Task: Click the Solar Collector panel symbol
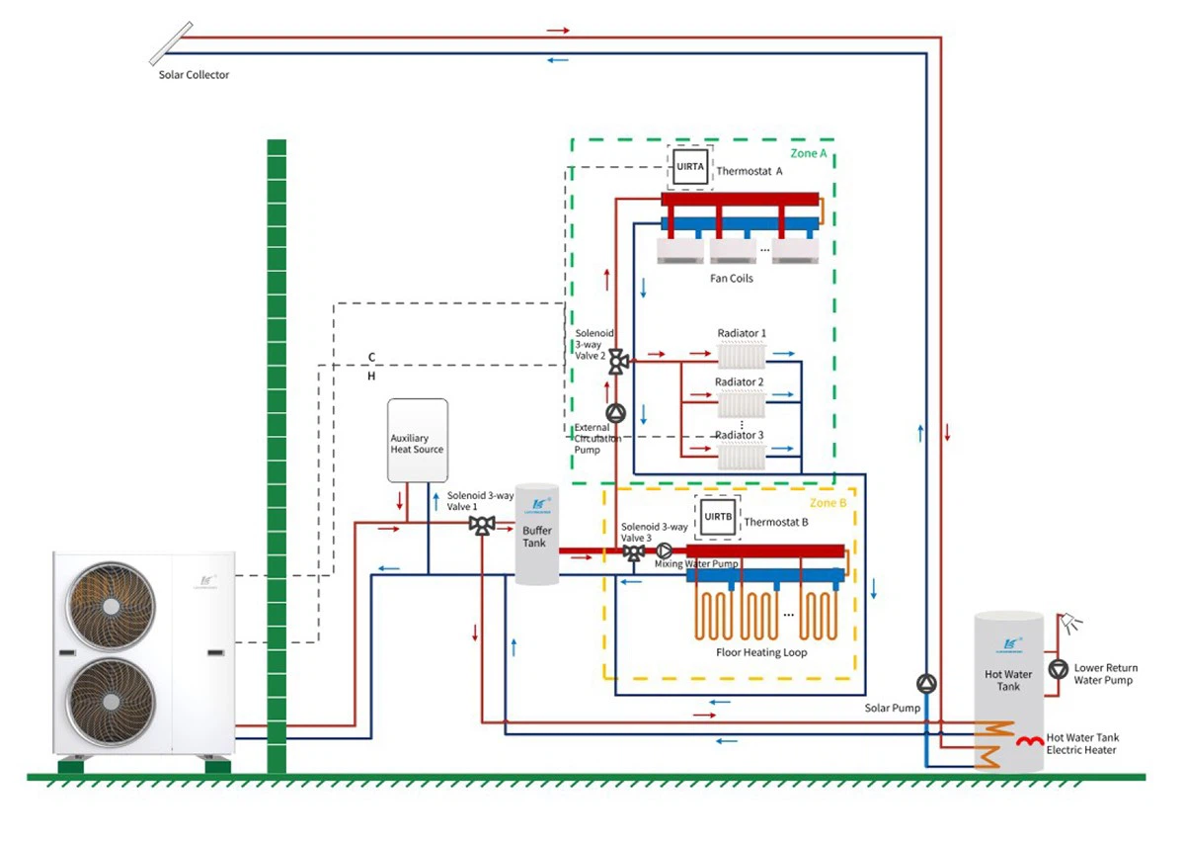(x=168, y=42)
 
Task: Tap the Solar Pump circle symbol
(x=926, y=683)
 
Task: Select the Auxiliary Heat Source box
(x=418, y=441)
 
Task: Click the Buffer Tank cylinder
(x=536, y=535)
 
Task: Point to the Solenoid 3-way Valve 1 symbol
(x=482, y=525)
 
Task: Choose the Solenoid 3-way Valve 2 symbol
(x=617, y=362)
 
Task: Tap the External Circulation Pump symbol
(x=616, y=413)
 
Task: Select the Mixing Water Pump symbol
(x=665, y=550)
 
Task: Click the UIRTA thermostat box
(x=690, y=167)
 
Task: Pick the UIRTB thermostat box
(x=717, y=517)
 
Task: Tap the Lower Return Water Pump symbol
(x=1058, y=669)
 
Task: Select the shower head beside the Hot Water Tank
(x=1070, y=624)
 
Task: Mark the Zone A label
(x=808, y=154)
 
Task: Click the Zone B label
(x=829, y=503)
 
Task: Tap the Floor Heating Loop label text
(x=761, y=652)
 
